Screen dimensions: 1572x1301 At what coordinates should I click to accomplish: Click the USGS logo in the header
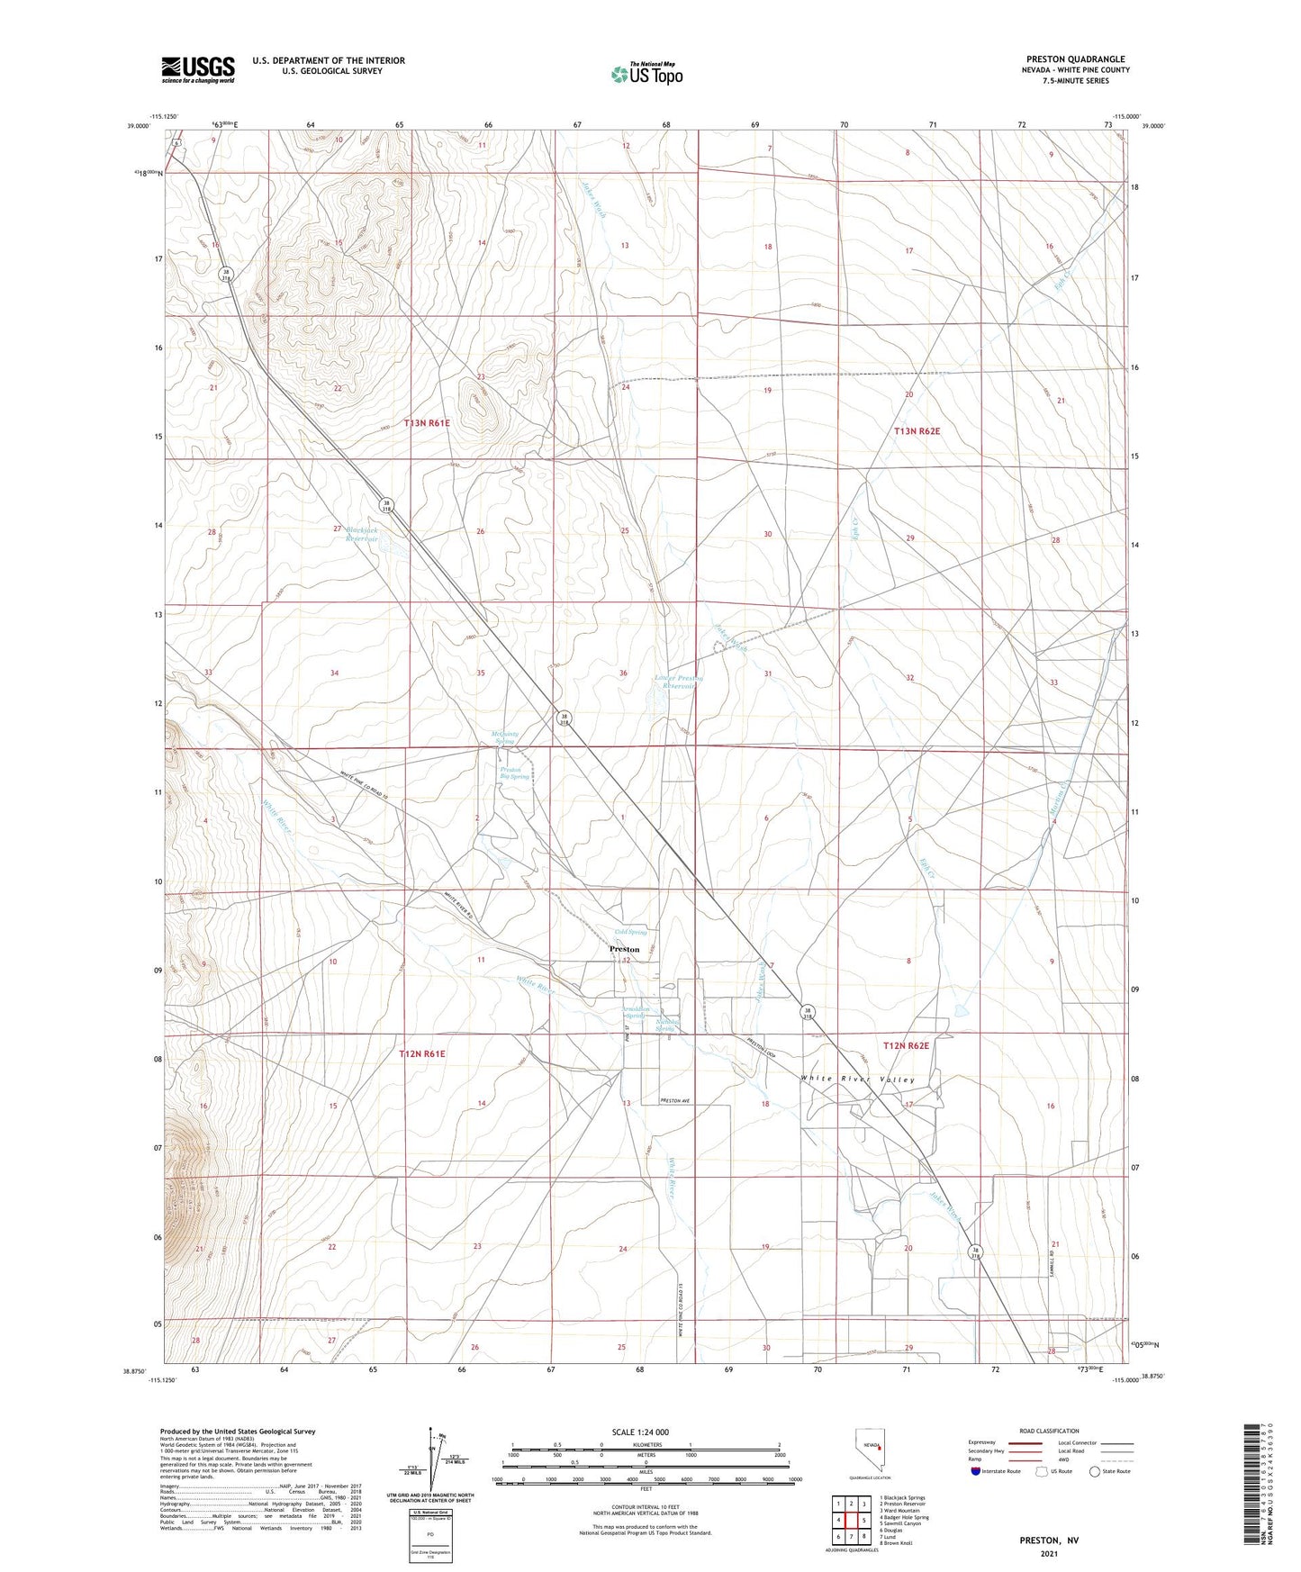[197, 69]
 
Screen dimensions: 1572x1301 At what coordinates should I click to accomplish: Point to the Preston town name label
[624, 949]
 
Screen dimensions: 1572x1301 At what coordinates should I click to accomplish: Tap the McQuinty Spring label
[504, 737]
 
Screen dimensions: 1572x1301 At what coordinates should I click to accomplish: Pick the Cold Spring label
[630, 932]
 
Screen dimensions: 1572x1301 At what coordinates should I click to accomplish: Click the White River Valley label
[857, 1080]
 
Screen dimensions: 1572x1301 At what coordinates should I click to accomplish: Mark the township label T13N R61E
[426, 422]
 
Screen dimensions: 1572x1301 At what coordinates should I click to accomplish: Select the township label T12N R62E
[906, 1045]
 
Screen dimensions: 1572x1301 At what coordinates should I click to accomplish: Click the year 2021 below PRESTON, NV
[1048, 1553]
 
